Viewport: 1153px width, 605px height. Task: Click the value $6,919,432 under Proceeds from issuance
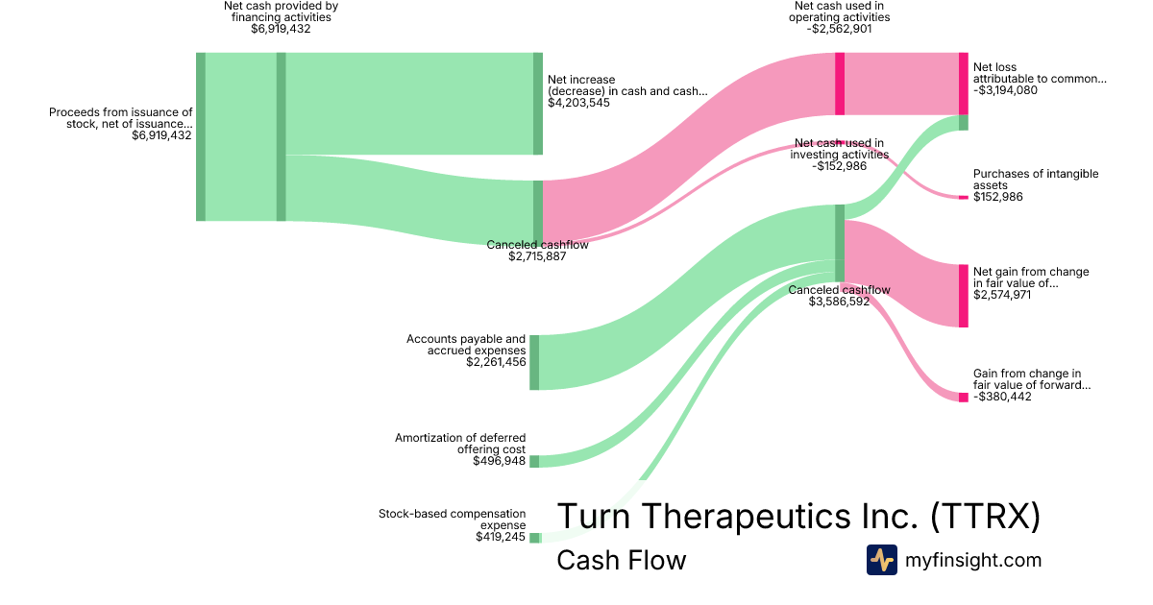(x=161, y=135)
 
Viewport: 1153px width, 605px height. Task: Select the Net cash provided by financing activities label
(x=281, y=16)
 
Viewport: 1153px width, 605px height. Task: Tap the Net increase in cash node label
(x=626, y=85)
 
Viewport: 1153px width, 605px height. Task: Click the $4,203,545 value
(x=578, y=103)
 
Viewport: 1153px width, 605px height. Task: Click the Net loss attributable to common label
(x=1040, y=73)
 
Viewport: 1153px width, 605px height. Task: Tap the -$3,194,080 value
(x=1005, y=90)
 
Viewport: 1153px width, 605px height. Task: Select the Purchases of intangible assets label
(x=1035, y=180)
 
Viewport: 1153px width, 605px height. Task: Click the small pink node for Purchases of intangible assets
(x=963, y=197)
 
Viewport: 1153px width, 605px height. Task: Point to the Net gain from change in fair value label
(x=1031, y=278)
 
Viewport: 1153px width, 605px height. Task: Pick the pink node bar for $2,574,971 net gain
(x=963, y=296)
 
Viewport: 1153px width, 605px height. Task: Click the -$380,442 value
(x=1002, y=397)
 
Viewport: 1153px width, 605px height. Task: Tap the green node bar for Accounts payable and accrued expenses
(x=534, y=362)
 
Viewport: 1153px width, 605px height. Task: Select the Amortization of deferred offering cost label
(x=460, y=444)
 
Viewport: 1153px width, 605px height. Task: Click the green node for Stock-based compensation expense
(x=534, y=538)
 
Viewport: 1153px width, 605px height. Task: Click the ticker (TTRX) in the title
(x=986, y=517)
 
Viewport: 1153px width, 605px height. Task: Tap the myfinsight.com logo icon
(x=881, y=560)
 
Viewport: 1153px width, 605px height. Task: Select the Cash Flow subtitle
(x=621, y=561)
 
